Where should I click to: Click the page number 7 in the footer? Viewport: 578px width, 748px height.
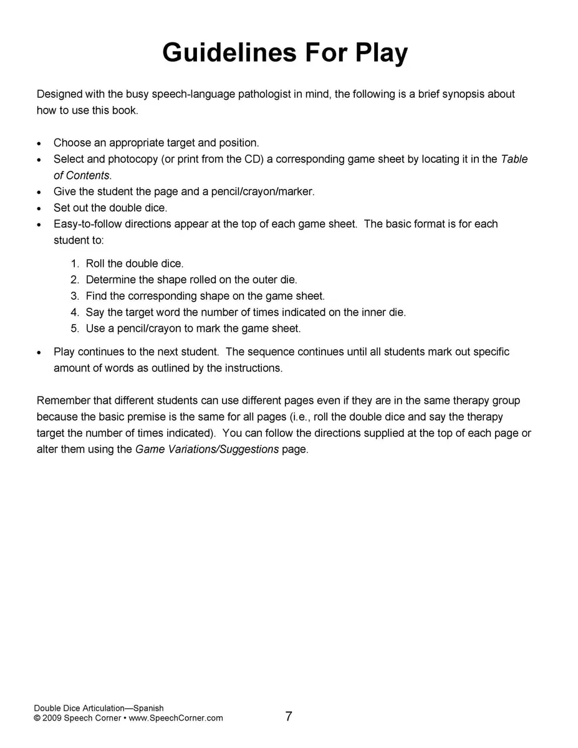289,717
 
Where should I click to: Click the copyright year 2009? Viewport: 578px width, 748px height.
52,718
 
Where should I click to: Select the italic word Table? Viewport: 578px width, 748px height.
514,159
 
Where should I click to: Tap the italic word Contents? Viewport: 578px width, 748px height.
87,175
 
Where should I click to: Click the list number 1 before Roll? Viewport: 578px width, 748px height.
74,264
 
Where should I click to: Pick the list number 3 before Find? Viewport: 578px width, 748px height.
74,296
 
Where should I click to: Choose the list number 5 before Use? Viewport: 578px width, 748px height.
74,328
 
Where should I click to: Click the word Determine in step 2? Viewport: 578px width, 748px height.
110,280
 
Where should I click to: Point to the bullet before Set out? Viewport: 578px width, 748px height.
40,209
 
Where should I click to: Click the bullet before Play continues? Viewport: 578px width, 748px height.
40,353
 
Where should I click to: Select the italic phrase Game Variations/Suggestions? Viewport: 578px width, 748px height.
207,449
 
